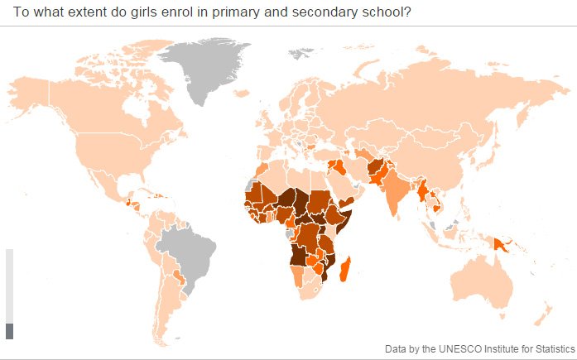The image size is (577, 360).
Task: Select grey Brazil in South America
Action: pyautogui.click(x=186, y=252)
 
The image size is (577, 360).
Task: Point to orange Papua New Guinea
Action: pyautogui.click(x=502, y=243)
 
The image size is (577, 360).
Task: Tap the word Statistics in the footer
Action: pyautogui.click(x=551, y=349)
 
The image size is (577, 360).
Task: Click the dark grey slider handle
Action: pyautogui.click(x=10, y=331)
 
